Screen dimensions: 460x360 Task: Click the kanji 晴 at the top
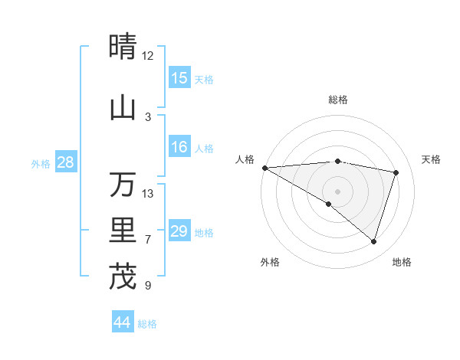click(123, 46)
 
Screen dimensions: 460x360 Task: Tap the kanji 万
click(123, 185)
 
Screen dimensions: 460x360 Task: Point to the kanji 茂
click(123, 277)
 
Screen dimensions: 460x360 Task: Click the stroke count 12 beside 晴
click(148, 56)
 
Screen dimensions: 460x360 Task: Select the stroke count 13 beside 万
click(148, 194)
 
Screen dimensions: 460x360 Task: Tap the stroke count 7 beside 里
click(148, 240)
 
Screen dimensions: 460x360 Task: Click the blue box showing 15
click(179, 78)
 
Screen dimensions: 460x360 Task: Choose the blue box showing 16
click(179, 147)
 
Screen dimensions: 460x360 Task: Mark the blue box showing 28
click(65, 162)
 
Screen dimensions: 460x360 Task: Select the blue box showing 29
click(179, 231)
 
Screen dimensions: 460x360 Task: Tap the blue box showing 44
click(123, 322)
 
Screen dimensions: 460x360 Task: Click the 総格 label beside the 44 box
click(148, 324)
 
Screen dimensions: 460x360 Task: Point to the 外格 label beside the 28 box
click(41, 164)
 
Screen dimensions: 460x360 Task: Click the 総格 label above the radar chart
click(338, 100)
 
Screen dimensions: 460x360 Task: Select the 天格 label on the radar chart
click(432, 159)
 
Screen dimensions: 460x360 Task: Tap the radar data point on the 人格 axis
click(264, 167)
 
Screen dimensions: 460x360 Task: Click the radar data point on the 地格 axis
click(373, 241)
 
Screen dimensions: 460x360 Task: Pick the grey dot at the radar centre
click(337, 190)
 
